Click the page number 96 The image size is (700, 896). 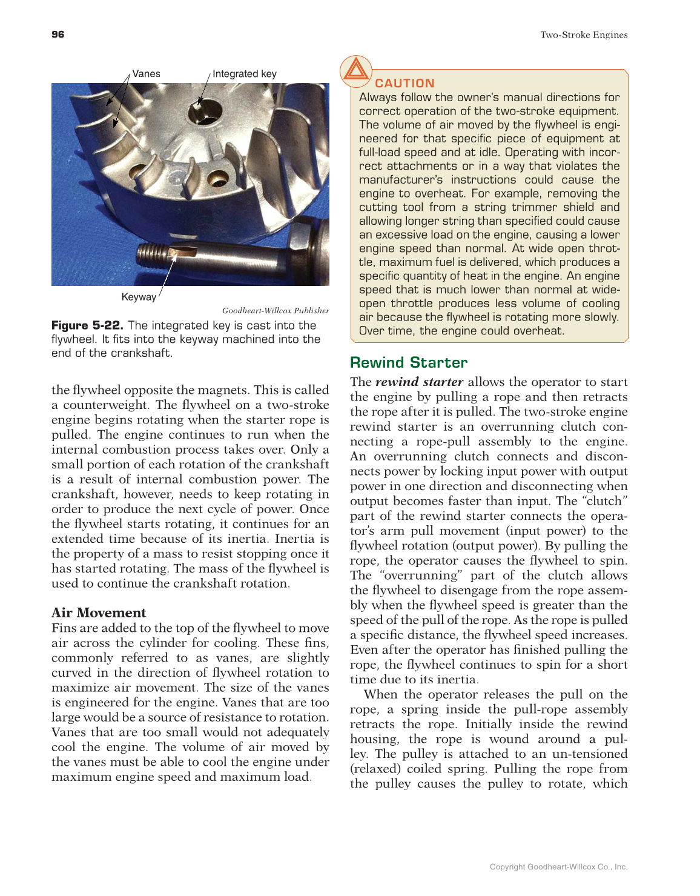tap(58, 35)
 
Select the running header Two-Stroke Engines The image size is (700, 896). tap(584, 35)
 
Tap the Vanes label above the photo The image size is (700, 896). tap(146, 74)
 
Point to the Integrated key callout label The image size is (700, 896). tap(245, 74)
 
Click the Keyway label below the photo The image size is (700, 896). tap(139, 297)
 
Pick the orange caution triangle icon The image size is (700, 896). tap(355, 70)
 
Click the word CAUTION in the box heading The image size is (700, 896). tap(404, 84)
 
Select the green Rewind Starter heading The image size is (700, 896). tap(409, 363)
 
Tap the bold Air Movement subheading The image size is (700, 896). tap(99, 612)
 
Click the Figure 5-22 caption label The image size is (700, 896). tap(87, 325)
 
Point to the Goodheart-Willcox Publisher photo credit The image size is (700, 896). tap(276, 311)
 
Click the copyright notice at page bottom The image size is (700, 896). tap(558, 867)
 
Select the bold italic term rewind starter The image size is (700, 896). tap(419, 382)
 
